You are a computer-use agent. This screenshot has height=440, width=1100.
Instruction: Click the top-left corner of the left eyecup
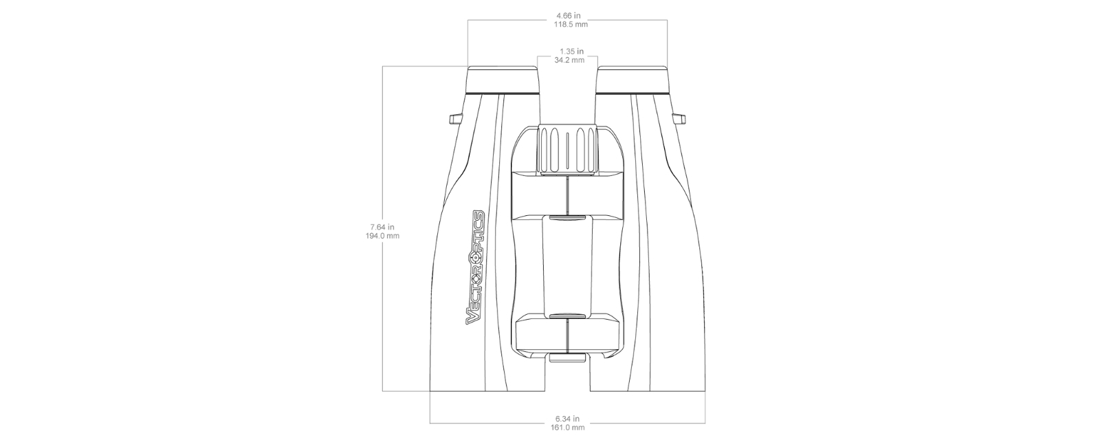[x=468, y=66]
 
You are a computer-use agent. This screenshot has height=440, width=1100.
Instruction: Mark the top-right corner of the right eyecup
[x=668, y=66]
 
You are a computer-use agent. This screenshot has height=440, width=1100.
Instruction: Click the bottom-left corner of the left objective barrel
[x=430, y=391]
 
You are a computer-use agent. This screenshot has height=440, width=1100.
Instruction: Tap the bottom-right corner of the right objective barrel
[x=705, y=391]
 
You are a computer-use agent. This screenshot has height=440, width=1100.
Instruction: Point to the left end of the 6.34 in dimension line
[x=430, y=423]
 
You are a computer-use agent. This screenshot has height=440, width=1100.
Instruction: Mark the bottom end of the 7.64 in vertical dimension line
[x=382, y=391]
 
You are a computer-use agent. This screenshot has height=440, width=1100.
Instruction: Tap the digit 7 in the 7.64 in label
[x=373, y=227]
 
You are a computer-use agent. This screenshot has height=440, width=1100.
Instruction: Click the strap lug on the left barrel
[x=456, y=120]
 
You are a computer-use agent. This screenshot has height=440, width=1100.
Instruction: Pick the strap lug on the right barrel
[x=680, y=120]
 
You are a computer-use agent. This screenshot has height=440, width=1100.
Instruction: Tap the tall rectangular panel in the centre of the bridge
[x=568, y=265]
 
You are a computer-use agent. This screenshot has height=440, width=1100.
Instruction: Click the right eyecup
[x=632, y=80]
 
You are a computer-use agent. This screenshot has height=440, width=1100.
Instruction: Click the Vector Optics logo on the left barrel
[x=475, y=267]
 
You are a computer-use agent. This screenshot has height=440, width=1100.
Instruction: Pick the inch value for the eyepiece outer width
[x=568, y=16]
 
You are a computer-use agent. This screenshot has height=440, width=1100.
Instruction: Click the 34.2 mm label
[x=569, y=60]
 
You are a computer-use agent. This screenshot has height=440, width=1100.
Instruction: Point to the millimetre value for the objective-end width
[x=568, y=428]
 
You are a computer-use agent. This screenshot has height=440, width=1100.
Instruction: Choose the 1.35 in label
[x=571, y=51]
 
